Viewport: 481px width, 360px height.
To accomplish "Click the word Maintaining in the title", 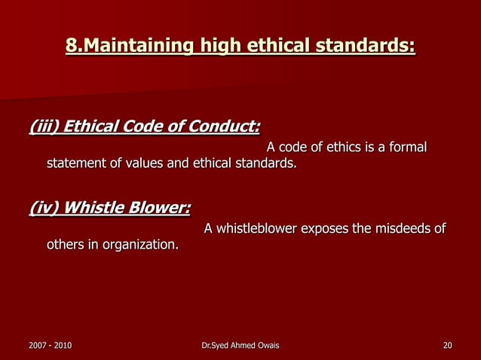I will click(135, 47).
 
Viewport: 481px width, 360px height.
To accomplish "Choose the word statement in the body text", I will click(77, 163).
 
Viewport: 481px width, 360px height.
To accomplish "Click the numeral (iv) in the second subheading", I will click(44, 206).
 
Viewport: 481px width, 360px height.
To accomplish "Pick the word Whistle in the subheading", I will click(93, 206).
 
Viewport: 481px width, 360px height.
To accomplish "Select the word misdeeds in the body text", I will click(399, 228).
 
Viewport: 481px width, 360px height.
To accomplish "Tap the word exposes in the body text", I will click(326, 228).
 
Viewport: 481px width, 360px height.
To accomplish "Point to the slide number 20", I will click(448, 346).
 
